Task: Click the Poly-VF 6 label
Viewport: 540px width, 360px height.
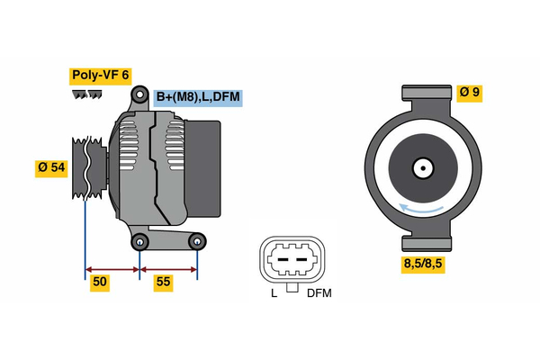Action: tap(100, 76)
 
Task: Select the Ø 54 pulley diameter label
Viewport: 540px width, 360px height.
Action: tap(51, 168)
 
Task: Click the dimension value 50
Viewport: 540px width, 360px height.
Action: tap(101, 283)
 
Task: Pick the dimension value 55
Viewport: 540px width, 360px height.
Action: tap(163, 283)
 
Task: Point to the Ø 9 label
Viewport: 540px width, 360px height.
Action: tap(471, 91)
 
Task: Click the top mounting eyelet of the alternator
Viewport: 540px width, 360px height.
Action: tap(140, 94)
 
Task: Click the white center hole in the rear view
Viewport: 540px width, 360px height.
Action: tap(422, 167)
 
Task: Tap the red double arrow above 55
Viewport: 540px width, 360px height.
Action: tap(169, 268)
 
